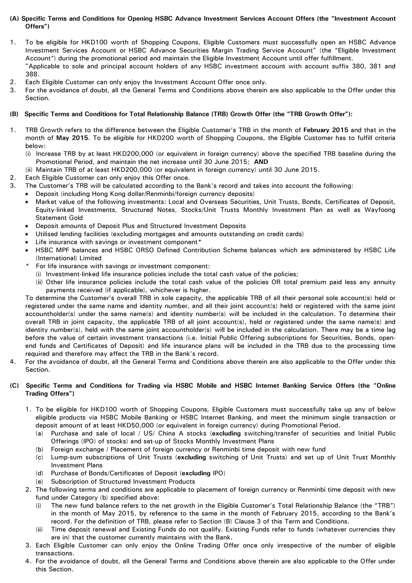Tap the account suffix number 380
347,66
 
